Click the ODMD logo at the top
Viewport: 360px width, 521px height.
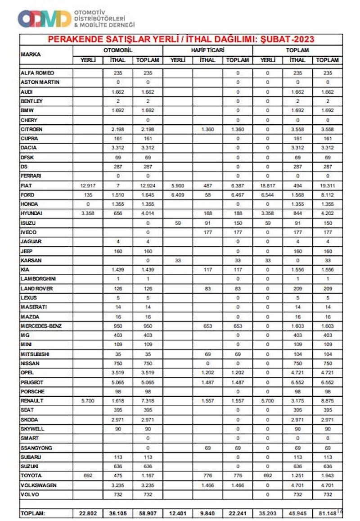(x=44, y=18)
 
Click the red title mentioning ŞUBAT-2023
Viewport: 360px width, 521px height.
(x=181, y=40)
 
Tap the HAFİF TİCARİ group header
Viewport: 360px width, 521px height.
(x=208, y=50)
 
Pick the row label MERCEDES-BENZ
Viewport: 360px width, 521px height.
(x=41, y=326)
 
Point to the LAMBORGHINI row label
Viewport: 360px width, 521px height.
(x=41, y=279)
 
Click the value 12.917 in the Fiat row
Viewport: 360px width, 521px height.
(x=88, y=186)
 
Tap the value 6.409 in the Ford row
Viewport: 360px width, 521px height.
(x=178, y=195)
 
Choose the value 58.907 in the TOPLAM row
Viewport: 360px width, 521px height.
(x=148, y=513)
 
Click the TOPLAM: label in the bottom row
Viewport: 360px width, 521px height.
(x=33, y=513)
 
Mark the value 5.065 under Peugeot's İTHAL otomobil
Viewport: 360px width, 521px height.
(x=118, y=382)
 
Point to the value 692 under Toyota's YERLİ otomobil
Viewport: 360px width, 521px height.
(x=88, y=475)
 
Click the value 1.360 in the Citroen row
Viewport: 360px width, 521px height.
(x=208, y=129)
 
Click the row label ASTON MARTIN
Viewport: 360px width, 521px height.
(x=40, y=82)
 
